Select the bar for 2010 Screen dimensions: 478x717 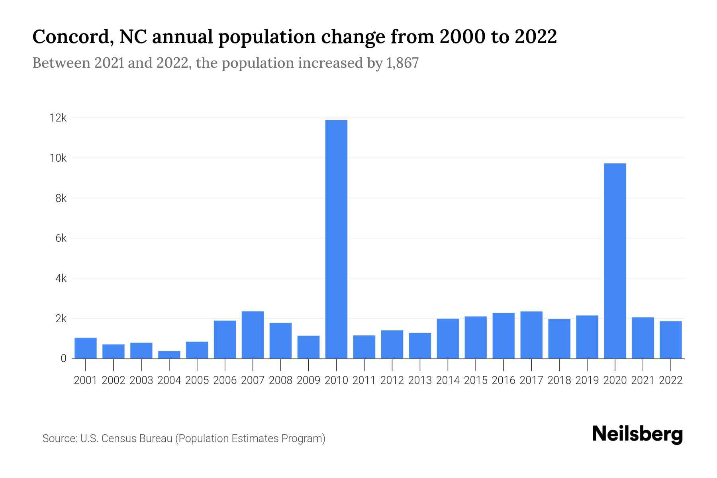[336, 239]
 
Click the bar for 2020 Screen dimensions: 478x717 [615, 261]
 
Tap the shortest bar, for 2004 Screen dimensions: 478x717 [169, 355]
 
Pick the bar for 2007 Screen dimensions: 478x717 [253, 335]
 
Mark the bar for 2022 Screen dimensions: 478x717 [671, 340]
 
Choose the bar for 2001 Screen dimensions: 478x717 [86, 348]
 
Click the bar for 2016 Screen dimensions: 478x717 [503, 335]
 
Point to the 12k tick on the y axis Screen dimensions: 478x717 [58, 118]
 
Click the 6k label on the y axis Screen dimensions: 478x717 [61, 238]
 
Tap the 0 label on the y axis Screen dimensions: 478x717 [63, 358]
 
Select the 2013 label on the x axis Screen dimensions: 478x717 [420, 380]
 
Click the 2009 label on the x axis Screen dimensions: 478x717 [309, 380]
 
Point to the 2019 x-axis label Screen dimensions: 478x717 [587, 380]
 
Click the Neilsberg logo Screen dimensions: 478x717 [637, 434]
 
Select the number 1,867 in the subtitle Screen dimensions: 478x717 [402, 63]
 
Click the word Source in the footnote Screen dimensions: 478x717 [59, 439]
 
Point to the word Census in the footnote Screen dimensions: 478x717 [118, 439]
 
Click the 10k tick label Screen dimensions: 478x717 [58, 158]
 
